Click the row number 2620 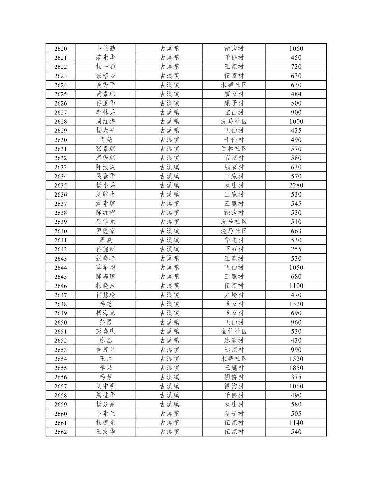tap(61, 49)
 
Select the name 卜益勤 tap(106, 49)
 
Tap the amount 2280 tap(296, 185)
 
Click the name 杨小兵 tap(106, 185)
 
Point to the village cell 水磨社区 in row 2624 tap(234, 85)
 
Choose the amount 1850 tap(296, 368)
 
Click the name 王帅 tap(106, 359)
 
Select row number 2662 tap(61, 432)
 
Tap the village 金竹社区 tap(234, 332)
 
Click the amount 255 tap(296, 249)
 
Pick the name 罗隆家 tap(106, 231)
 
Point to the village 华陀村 tap(234, 240)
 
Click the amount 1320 tap(296, 304)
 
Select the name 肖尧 tap(106, 140)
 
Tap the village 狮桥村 tap(234, 377)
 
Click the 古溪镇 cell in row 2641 tap(169, 240)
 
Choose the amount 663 tap(296, 231)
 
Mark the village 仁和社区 tap(234, 149)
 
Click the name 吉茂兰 tap(106, 350)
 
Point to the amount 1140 tap(296, 423)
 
